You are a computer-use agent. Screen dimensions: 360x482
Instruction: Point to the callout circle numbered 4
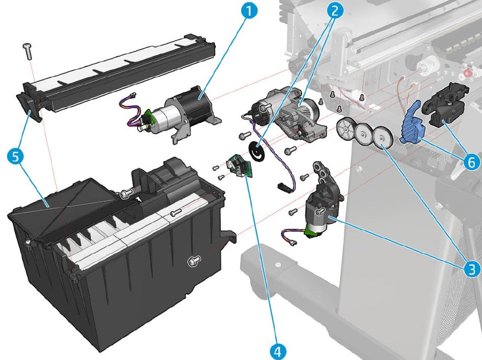(277, 350)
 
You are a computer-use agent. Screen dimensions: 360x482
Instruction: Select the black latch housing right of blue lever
(443, 109)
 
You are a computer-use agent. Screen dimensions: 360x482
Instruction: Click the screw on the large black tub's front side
(193, 261)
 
